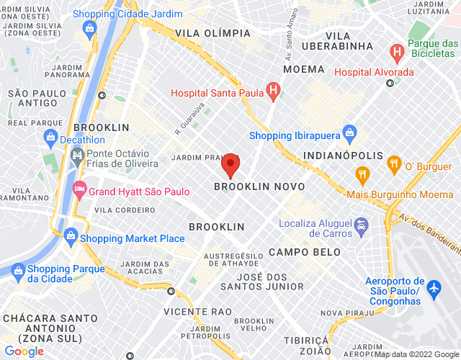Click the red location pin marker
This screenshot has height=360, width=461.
click(x=230, y=165)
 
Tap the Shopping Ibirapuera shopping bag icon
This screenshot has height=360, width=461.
click(x=350, y=133)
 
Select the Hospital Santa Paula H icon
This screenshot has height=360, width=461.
click(x=272, y=91)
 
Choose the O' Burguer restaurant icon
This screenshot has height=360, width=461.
click(x=393, y=164)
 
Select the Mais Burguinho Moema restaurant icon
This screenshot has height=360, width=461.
click(x=362, y=174)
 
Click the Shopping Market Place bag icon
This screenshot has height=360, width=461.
click(x=71, y=235)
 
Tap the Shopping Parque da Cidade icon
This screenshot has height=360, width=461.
click(x=18, y=270)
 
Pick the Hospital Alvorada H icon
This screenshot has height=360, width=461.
click(x=395, y=52)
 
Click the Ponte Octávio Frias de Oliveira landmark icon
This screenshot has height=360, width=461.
click(x=77, y=155)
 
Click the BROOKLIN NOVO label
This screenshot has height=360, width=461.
click(x=259, y=186)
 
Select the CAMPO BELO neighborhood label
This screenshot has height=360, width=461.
click(x=299, y=252)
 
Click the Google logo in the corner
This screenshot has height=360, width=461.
click(x=24, y=351)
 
